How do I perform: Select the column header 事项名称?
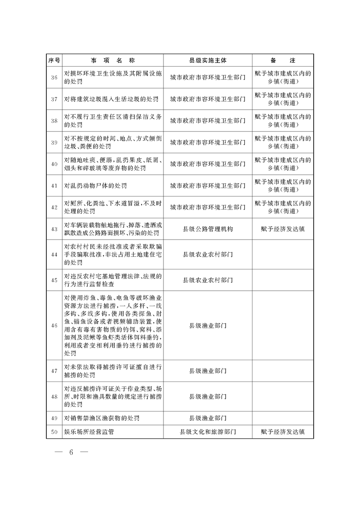click(113, 60)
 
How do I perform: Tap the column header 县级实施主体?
click(207, 60)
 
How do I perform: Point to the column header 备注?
click(283, 60)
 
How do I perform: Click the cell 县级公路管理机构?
click(207, 229)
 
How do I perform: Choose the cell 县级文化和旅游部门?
click(207, 432)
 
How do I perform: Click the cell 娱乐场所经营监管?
click(89, 432)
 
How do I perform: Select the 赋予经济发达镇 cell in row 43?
click(283, 229)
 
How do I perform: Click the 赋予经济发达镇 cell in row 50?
click(283, 432)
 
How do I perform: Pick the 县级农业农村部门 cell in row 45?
click(207, 280)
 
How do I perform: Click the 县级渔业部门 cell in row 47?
click(207, 371)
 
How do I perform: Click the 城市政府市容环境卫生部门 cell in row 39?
click(207, 142)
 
